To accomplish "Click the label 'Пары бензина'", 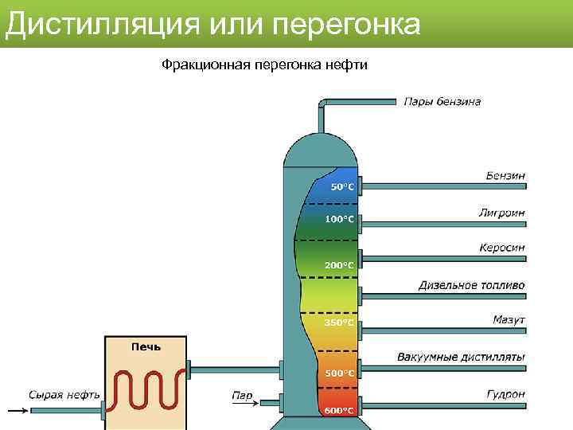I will [x=442, y=102].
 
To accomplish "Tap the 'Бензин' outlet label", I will [x=505, y=175].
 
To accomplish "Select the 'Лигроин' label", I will [x=501, y=213].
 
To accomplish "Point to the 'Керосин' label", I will [x=501, y=248].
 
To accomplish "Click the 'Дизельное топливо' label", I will [x=472, y=285].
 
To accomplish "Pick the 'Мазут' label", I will [x=509, y=320].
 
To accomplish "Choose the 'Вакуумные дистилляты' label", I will [x=461, y=357].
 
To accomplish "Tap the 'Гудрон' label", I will [x=505, y=393].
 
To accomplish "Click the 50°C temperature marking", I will [x=342, y=187].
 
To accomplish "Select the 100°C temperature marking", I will [x=339, y=219].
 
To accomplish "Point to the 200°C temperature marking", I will [x=339, y=265].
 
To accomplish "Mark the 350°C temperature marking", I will [x=339, y=322].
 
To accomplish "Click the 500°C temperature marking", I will [x=339, y=373].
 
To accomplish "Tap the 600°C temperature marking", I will [x=339, y=410].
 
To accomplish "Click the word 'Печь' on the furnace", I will [x=146, y=346].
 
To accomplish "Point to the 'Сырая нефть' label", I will [x=64, y=394].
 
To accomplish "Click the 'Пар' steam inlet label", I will [x=242, y=394].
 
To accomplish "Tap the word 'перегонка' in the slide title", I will [x=345, y=24].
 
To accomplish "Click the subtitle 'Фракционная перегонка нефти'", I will [x=264, y=64].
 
